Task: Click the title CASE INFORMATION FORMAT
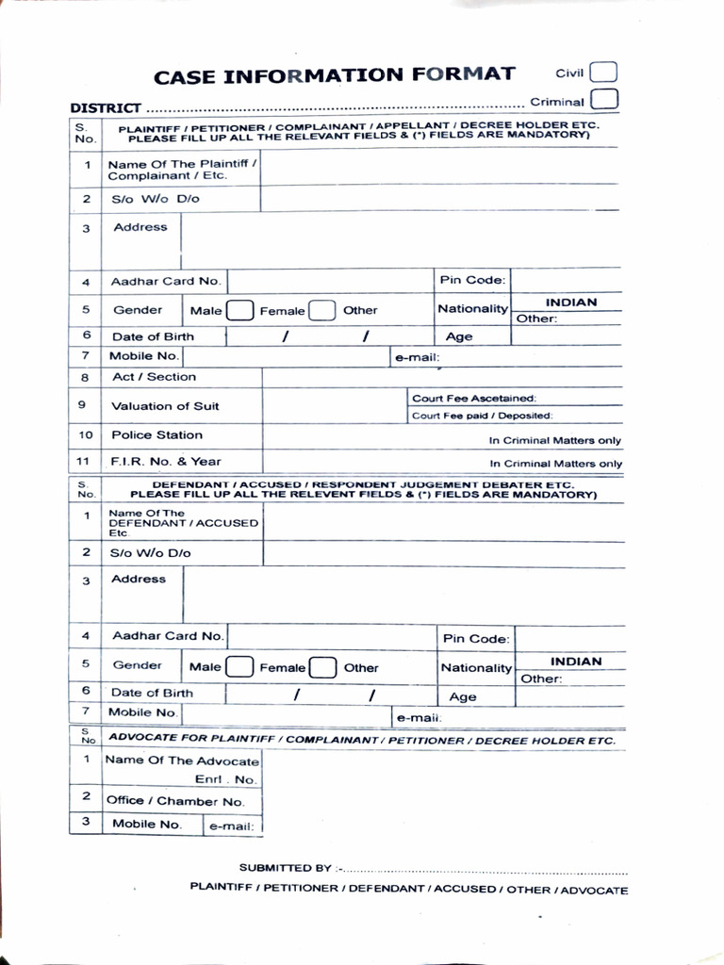click(x=335, y=75)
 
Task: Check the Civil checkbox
click(x=603, y=73)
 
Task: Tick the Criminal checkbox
click(x=604, y=100)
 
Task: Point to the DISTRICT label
click(x=106, y=108)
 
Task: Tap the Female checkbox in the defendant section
click(x=323, y=667)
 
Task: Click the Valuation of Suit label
click(x=165, y=406)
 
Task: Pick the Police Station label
click(x=156, y=435)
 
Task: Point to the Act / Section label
click(x=154, y=377)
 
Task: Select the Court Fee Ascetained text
click(x=473, y=399)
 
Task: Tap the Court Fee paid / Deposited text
click(x=482, y=416)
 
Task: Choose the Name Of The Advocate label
click(x=181, y=761)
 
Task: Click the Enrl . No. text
click(x=225, y=779)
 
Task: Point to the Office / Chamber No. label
click(x=174, y=801)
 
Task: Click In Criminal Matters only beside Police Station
click(x=554, y=440)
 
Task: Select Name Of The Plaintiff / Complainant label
click(x=182, y=170)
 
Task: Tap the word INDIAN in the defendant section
click(x=576, y=662)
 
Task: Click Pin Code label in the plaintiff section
click(x=472, y=280)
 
